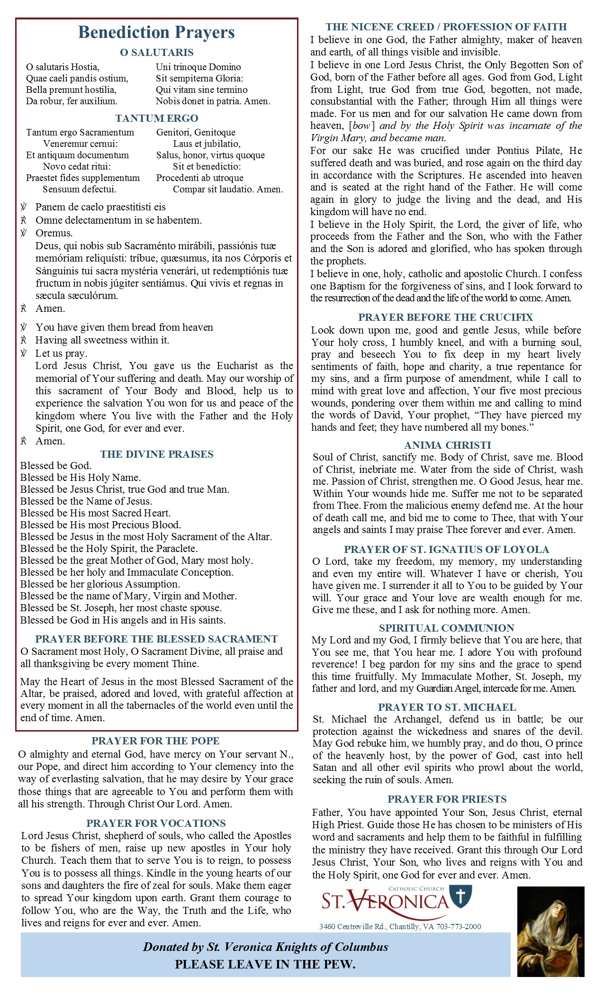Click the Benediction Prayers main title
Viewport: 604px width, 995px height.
click(156, 32)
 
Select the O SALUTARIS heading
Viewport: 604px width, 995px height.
click(157, 52)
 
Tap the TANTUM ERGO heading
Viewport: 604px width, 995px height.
click(157, 118)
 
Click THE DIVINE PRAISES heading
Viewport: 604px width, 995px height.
click(157, 454)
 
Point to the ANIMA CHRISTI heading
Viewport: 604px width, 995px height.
click(447, 445)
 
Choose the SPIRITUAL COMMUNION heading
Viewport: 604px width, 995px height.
click(446, 628)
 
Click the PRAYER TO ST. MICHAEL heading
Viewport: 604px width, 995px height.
click(447, 707)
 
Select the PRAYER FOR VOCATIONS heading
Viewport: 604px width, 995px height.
click(156, 823)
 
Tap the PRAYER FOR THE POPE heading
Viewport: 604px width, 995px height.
click(155, 741)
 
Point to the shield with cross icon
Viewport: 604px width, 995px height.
click(460, 896)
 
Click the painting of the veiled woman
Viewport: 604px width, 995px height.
click(550, 931)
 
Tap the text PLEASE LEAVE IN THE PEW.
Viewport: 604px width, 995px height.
click(265, 964)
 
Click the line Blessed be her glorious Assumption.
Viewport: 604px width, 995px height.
click(100, 584)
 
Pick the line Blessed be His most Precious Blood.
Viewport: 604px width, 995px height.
click(100, 525)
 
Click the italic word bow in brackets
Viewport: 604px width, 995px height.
click(361, 126)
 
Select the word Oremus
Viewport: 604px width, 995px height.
click(54, 233)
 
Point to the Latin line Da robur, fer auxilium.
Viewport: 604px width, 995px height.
click(72, 101)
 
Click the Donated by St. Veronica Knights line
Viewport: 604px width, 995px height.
click(265, 947)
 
